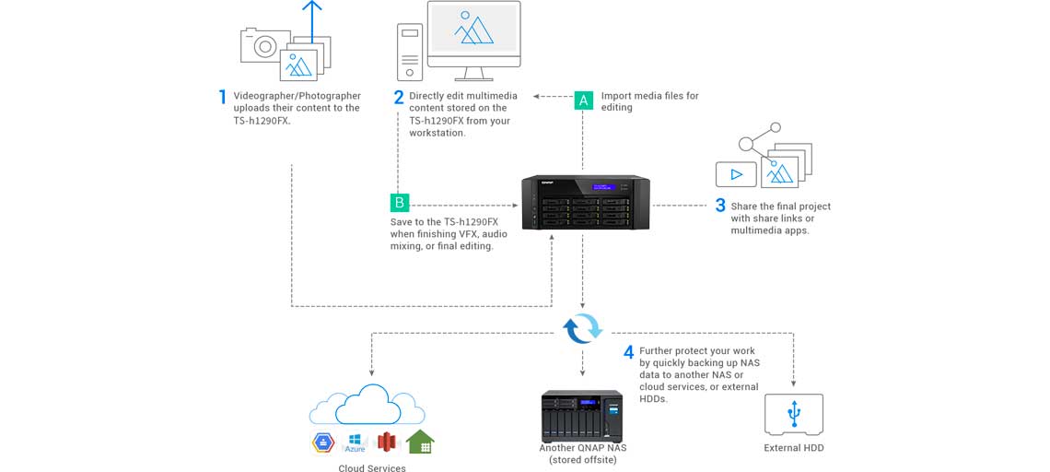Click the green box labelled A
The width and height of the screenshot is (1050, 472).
click(x=583, y=100)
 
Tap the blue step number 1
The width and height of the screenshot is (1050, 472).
click(x=222, y=97)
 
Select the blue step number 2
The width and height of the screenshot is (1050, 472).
click(x=399, y=97)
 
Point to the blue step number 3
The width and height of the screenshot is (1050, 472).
click(x=720, y=206)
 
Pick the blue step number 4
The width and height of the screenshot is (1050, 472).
click(x=628, y=351)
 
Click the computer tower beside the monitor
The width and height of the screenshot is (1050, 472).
click(x=410, y=52)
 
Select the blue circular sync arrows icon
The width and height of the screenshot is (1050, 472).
click(x=582, y=327)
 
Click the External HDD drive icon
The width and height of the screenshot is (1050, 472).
click(x=793, y=415)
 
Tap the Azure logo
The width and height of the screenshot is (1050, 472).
click(x=355, y=442)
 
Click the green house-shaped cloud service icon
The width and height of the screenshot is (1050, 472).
click(x=420, y=442)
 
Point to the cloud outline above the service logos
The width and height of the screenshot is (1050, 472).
click(x=367, y=406)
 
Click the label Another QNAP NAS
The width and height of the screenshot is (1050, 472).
click(x=582, y=448)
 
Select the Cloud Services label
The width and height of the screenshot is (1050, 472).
click(x=371, y=468)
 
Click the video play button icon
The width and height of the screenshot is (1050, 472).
click(x=736, y=173)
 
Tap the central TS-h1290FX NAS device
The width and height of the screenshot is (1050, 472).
click(x=586, y=202)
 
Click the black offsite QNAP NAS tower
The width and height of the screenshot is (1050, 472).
click(x=582, y=416)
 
